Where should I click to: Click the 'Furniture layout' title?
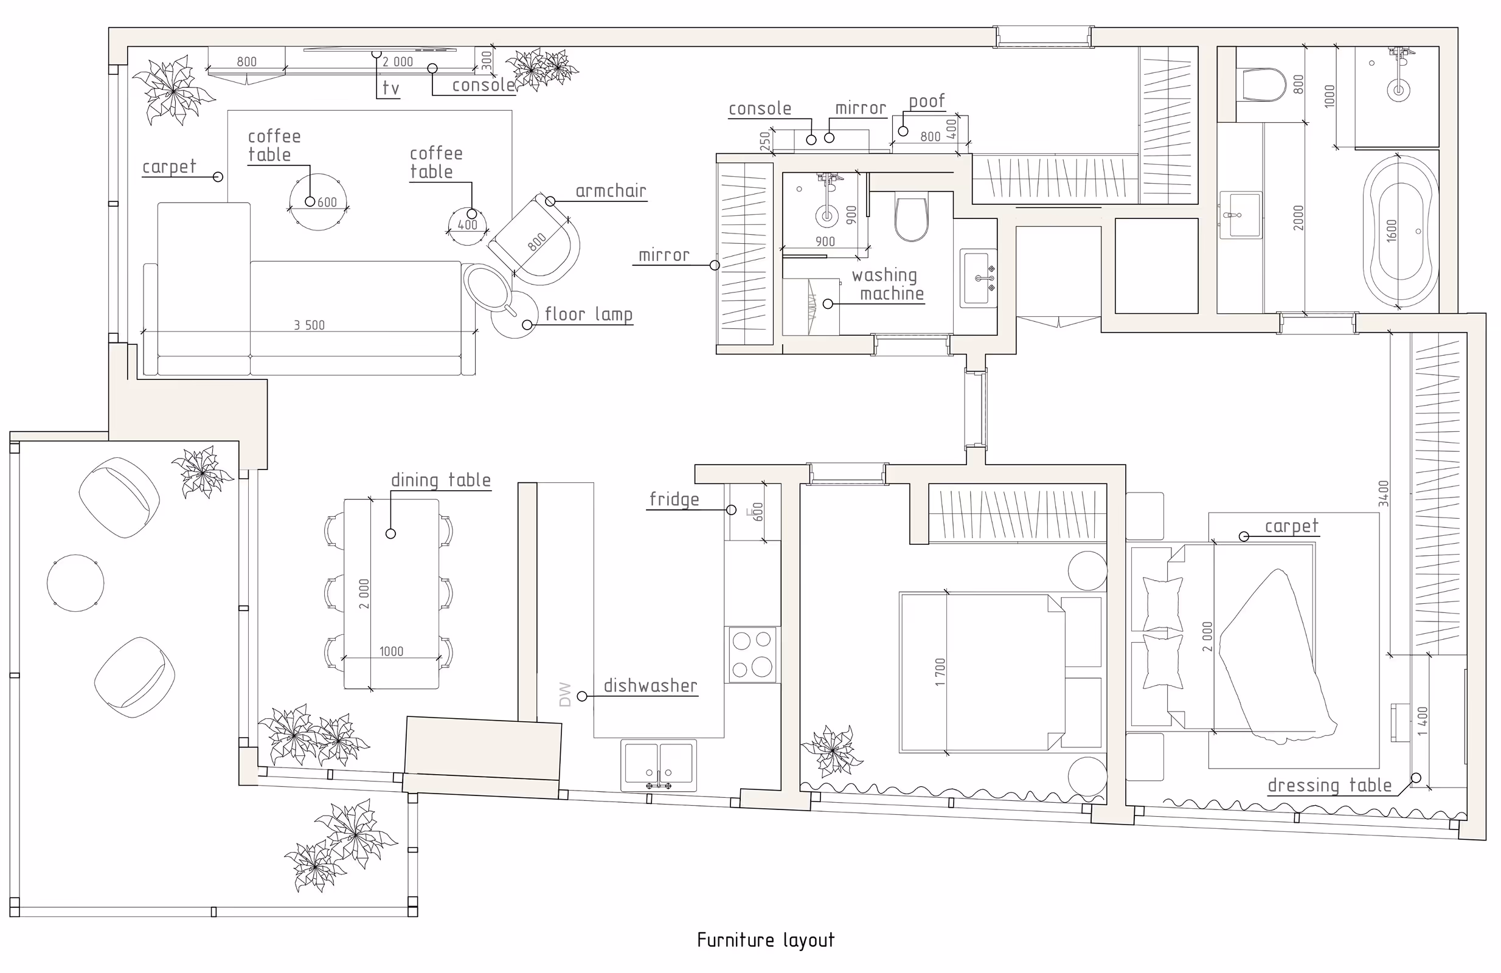[766, 940]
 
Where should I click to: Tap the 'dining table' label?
[441, 480]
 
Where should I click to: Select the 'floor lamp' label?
[588, 314]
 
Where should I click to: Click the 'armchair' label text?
[611, 191]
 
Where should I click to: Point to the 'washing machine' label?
[888, 285]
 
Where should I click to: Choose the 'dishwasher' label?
[650, 685]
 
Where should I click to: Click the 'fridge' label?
[674, 499]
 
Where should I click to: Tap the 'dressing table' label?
[1329, 785]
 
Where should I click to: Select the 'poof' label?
[926, 102]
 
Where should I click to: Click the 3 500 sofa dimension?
[309, 325]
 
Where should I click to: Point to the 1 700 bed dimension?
[940, 672]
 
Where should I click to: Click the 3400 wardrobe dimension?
[1383, 494]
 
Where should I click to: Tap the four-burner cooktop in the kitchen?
[752, 654]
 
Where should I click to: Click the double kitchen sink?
[659, 764]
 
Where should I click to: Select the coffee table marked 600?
[318, 202]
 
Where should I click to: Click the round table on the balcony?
[75, 583]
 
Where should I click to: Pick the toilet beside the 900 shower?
[911, 219]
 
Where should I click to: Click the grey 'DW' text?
[565, 694]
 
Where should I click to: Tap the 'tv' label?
[390, 88]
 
